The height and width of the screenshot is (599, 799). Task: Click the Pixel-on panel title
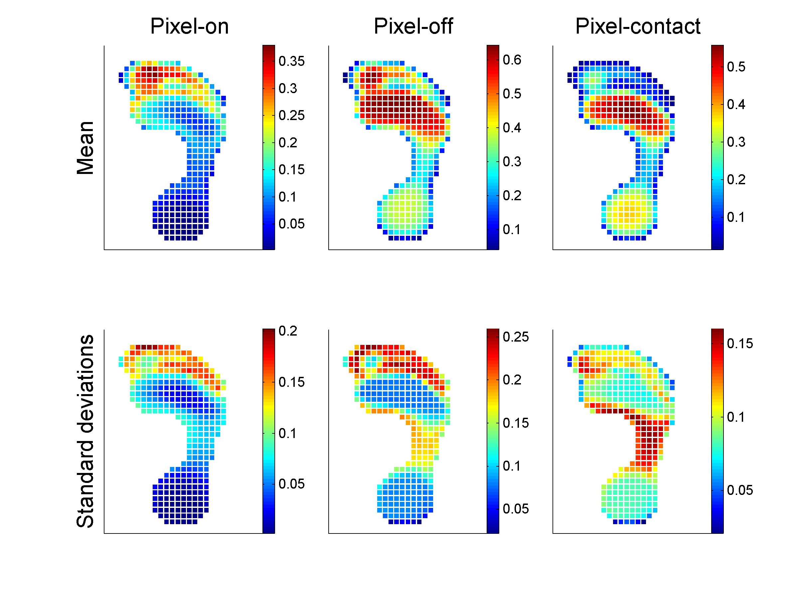[x=189, y=26]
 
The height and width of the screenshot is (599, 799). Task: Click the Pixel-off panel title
[x=413, y=26]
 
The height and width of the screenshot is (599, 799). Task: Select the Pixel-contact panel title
[x=638, y=26]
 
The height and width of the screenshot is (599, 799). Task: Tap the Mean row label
[x=85, y=148]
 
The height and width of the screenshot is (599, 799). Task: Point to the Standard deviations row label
[x=85, y=431]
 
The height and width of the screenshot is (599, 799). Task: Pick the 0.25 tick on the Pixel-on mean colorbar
[x=291, y=115]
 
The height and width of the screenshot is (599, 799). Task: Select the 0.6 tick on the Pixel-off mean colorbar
[x=512, y=60]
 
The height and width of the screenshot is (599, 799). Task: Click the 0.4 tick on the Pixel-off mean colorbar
[x=512, y=128]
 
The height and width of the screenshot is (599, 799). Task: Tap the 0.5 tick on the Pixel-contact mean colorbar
[x=736, y=67]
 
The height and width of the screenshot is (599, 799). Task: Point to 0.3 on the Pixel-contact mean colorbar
[x=736, y=142]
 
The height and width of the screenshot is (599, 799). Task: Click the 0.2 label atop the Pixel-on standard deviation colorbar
[x=288, y=331]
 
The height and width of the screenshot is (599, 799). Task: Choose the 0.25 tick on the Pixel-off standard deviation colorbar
[x=516, y=337]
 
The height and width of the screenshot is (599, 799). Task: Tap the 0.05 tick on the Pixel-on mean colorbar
[x=291, y=224]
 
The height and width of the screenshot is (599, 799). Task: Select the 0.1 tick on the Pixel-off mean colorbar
[x=512, y=229]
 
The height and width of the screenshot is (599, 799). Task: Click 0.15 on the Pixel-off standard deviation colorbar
[x=516, y=423]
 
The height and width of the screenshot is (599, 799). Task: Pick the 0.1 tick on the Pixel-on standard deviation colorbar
[x=288, y=433]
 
